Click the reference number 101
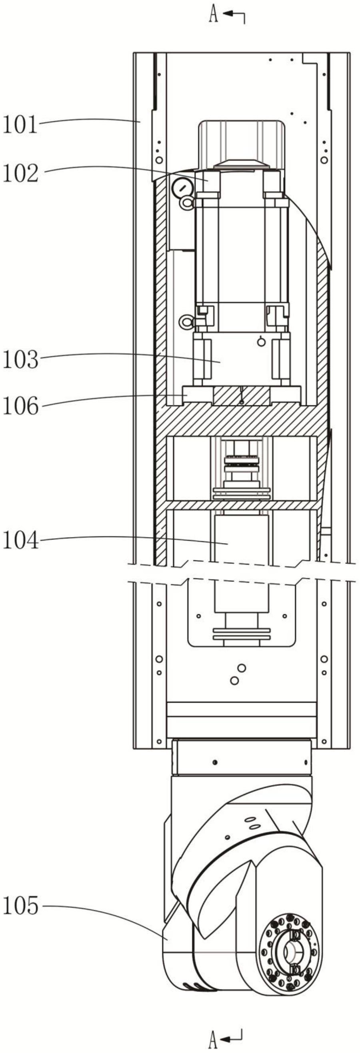[20, 125]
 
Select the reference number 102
[20, 173]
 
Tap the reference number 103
[20, 360]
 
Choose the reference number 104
[20, 540]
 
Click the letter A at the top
[213, 15]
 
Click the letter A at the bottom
[213, 1040]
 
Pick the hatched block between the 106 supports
[242, 395]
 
